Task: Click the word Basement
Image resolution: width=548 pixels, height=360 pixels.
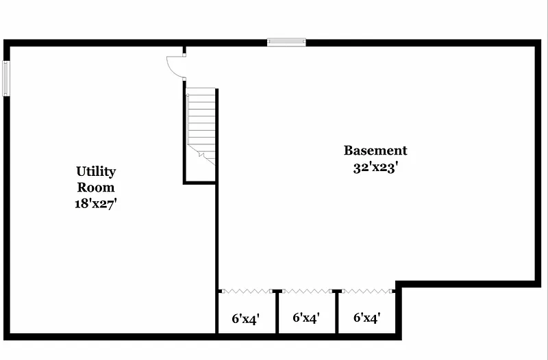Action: click(375, 151)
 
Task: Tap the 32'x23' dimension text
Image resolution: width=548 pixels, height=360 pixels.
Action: click(375, 168)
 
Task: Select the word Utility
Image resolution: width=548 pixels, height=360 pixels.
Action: click(96, 172)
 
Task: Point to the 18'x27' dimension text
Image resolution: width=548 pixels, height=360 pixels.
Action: click(95, 203)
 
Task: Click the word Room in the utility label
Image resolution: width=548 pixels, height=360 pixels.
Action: click(96, 188)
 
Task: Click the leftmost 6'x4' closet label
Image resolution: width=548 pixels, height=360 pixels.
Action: click(246, 319)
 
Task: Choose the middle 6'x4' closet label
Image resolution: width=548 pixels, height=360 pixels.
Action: click(306, 318)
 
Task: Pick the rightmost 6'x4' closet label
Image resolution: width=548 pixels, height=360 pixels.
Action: click(367, 318)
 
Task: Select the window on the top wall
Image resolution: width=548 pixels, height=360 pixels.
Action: click(286, 42)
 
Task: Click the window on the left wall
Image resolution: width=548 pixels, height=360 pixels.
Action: click(6, 78)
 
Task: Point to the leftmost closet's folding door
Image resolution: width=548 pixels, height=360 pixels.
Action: click(247, 291)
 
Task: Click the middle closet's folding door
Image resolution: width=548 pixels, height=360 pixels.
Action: click(307, 291)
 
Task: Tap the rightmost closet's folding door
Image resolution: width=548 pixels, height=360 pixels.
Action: click(367, 291)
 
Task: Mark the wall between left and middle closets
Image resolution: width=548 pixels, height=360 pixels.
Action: click(277, 312)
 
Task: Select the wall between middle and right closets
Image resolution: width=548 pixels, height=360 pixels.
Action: click(336, 312)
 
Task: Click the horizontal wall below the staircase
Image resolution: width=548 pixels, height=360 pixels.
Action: click(199, 182)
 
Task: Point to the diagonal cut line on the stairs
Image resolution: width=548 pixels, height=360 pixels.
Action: click(201, 155)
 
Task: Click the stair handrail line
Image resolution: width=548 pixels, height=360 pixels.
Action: click(188, 118)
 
